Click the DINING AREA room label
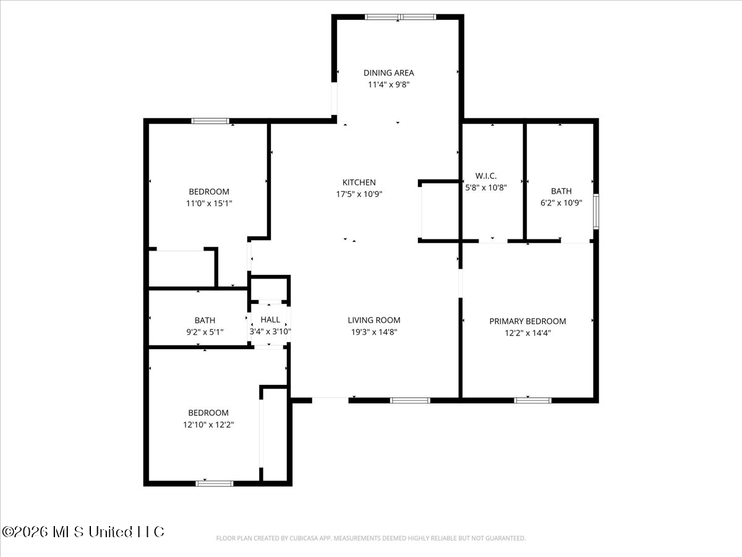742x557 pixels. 389,72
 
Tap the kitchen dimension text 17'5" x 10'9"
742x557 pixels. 359,194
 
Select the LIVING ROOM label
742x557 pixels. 374,320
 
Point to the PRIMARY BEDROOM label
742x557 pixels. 527,321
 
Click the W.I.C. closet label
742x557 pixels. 486,176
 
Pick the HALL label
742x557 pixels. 270,319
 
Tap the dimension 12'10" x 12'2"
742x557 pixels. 208,425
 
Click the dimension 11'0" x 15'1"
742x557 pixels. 209,203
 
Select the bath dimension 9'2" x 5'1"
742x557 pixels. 205,332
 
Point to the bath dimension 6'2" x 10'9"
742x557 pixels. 561,203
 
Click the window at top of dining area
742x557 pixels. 400,17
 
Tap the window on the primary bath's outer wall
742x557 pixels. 596,212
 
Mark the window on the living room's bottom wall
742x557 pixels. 410,400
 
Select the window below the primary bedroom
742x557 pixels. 532,400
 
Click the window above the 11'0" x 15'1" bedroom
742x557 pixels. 210,121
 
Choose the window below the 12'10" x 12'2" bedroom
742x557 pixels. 215,483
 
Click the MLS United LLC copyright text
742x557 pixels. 83,532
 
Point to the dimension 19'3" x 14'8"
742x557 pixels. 374,332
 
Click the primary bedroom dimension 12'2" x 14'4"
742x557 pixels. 527,333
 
